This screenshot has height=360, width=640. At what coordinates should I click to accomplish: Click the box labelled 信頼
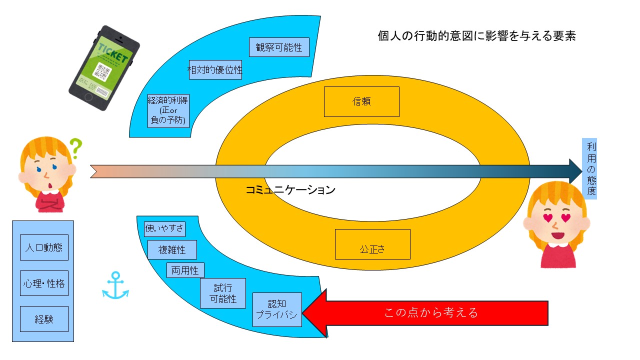361,101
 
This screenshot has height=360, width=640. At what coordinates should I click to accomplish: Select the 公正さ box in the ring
372,244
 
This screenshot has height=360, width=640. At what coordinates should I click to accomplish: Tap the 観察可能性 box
279,47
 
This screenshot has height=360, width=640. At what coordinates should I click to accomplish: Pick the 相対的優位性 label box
214,69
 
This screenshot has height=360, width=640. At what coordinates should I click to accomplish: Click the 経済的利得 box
168,110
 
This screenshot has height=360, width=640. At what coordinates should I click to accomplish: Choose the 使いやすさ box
164,229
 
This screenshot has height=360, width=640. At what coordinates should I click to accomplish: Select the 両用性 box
185,270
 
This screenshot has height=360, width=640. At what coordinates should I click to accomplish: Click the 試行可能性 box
223,293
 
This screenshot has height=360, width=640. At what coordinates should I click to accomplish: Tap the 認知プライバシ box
277,309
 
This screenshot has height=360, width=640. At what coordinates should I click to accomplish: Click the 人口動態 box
44,247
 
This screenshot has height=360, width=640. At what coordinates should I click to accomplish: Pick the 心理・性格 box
44,283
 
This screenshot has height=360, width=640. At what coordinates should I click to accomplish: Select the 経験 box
44,319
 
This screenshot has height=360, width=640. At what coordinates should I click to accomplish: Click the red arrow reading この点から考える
430,313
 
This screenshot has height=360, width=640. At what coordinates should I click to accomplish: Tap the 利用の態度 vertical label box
589,168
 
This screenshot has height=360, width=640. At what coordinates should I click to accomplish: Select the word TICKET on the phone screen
112,52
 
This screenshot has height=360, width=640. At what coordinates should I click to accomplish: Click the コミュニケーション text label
290,190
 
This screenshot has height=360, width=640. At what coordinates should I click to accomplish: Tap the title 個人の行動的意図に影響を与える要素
477,36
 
